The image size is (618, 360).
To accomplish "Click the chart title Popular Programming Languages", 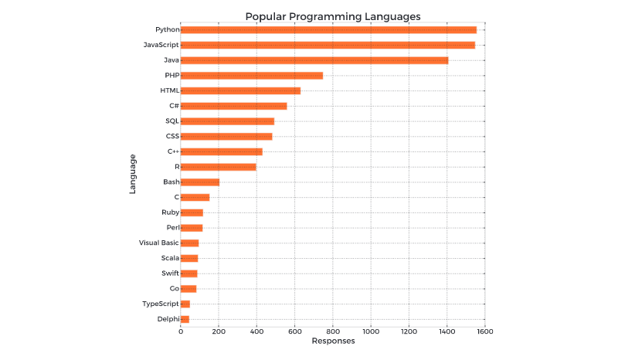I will [x=332, y=15].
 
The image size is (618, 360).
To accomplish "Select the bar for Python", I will [x=328, y=29].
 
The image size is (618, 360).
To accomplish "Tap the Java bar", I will [x=314, y=59].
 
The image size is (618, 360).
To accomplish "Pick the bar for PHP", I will [x=252, y=75].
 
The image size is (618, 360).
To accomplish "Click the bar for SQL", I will [x=227, y=121].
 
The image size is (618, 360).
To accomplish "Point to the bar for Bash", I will [x=200, y=182].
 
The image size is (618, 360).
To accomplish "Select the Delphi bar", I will [x=185, y=318].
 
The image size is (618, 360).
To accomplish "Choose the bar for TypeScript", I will [x=185, y=304].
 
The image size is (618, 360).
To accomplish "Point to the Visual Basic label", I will [x=158, y=243].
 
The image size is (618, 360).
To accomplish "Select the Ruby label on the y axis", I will [x=171, y=212].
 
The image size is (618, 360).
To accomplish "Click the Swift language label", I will [x=170, y=273].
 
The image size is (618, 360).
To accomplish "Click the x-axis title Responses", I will [x=333, y=341].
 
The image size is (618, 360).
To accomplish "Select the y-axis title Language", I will [x=133, y=174].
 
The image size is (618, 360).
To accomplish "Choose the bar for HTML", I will [x=240, y=90].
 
